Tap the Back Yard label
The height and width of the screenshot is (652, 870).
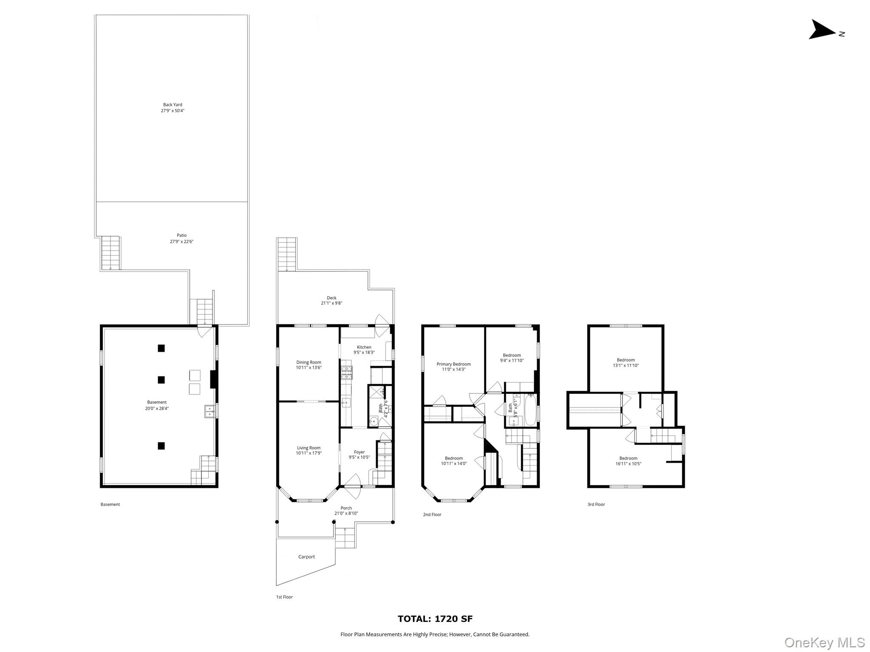point(172,104)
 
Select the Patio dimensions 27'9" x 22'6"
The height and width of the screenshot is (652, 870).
point(181,242)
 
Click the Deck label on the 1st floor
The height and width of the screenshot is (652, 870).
point(331,298)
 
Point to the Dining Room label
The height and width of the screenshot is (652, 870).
point(309,363)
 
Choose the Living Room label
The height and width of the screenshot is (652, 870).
point(309,448)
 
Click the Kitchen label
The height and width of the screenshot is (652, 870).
point(364,347)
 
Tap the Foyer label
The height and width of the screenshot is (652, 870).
point(359,452)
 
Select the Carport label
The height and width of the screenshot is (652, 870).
point(306,557)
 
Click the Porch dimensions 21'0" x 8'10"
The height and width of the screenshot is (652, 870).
point(346,513)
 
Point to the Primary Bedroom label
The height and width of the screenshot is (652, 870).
point(454,364)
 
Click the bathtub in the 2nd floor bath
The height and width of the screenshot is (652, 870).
point(531,410)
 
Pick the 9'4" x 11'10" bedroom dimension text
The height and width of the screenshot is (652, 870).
point(512,360)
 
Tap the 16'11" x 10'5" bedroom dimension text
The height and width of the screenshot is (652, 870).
point(628,464)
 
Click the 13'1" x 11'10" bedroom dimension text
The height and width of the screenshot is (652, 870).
point(626,365)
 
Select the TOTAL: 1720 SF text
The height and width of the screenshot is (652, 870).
point(435,619)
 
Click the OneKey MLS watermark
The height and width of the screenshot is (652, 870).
point(825,642)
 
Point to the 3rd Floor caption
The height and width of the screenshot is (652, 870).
point(596,504)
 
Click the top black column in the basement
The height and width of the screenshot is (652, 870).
point(161,348)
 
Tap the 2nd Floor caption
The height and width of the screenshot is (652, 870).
point(432,514)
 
